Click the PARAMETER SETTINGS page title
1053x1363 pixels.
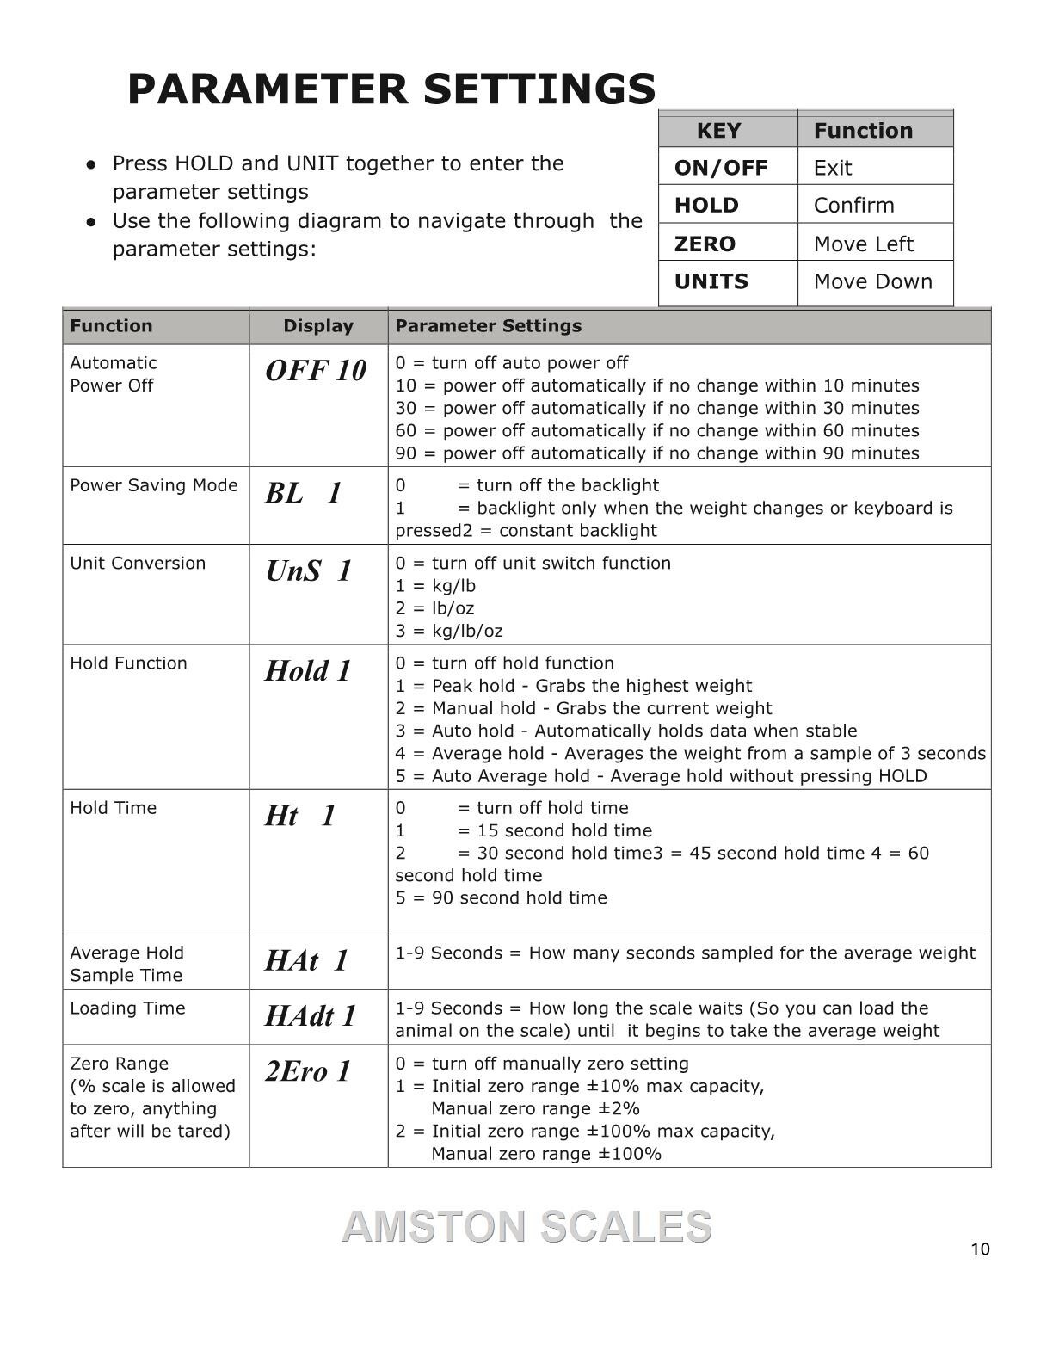click(391, 89)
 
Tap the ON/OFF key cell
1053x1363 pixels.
click(721, 168)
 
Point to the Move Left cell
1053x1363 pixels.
click(863, 244)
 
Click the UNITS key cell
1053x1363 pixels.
click(711, 281)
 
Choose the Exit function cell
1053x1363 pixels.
click(833, 168)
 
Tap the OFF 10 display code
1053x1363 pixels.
click(316, 371)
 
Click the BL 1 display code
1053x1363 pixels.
click(304, 493)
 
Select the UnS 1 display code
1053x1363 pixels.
click(308, 570)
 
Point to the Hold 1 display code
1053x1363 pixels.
click(308, 671)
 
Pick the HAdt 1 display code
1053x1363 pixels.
click(310, 1016)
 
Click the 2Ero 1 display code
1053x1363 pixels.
click(308, 1071)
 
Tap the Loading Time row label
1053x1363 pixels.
click(127, 1008)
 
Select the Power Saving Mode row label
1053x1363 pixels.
click(154, 485)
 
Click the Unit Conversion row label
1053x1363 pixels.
click(138, 564)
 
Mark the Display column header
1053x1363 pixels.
click(318, 326)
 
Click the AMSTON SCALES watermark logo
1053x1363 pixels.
click(526, 1226)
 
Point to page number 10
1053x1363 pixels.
click(980, 1249)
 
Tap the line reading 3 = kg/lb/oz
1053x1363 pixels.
click(449, 631)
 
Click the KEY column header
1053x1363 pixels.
click(718, 131)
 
